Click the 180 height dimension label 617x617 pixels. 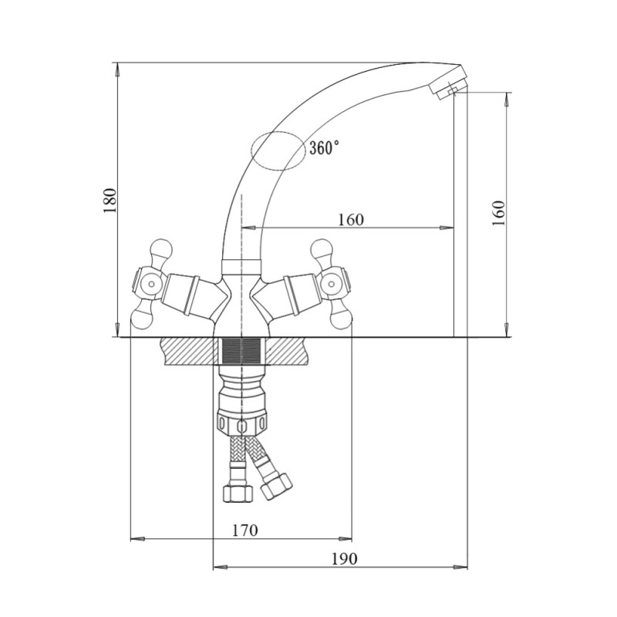pyautogui.click(x=110, y=201)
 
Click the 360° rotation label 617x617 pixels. pyautogui.click(x=324, y=148)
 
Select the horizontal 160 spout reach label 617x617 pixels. pyautogui.click(x=351, y=220)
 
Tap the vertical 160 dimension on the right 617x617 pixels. pyautogui.click(x=498, y=213)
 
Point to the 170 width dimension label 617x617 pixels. pyautogui.click(x=244, y=530)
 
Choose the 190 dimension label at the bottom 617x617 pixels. pyautogui.click(x=344, y=558)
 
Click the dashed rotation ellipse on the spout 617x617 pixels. pyautogui.click(x=278, y=150)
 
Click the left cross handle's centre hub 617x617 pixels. pyautogui.click(x=150, y=284)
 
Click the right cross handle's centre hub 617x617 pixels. pyautogui.click(x=332, y=284)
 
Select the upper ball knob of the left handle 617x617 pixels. pyautogui.click(x=162, y=248)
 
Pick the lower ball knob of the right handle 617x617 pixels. pyautogui.click(x=341, y=319)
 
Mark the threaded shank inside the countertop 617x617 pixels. pyautogui.click(x=241, y=351)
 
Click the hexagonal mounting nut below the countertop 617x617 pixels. pyautogui.click(x=241, y=423)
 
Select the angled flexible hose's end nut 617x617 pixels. pyautogui.click(x=277, y=487)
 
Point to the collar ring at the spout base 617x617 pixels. pyautogui.click(x=241, y=265)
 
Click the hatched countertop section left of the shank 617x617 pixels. pyautogui.click(x=188, y=351)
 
